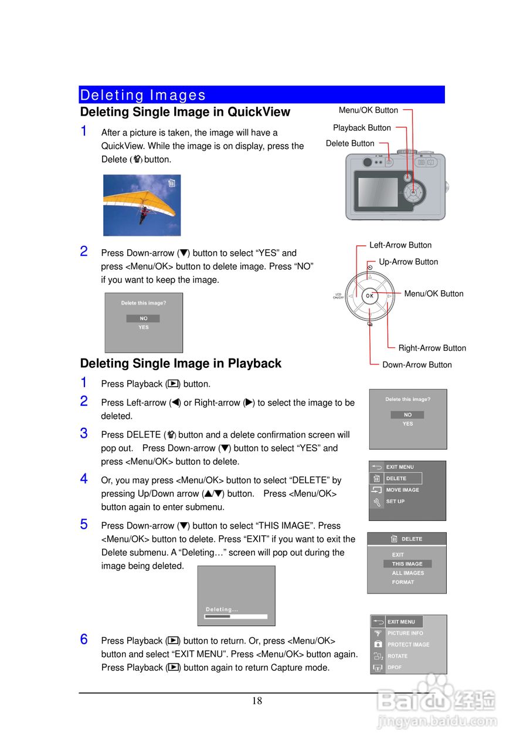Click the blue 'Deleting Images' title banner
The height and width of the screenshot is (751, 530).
pos(261,94)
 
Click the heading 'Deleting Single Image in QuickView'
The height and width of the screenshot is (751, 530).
pos(185,112)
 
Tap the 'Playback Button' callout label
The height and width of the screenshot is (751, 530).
pos(362,128)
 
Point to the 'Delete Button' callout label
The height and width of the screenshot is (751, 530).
pos(350,144)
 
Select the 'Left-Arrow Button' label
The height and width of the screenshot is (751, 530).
pos(400,245)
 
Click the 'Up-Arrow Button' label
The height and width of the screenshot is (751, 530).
pos(408,262)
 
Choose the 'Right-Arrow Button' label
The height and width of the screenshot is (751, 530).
pos(432,348)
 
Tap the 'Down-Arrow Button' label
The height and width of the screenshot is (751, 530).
pos(417,365)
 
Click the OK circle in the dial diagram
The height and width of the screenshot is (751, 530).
pos(369,296)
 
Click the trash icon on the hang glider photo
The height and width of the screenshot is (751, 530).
pos(171,182)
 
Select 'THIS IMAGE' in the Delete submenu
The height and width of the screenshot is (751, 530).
pos(407,564)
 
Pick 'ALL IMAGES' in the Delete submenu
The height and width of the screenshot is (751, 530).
pos(407,573)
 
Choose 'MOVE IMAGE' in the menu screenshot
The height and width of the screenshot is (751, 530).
pos(402,490)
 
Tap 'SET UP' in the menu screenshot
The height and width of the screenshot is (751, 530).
pos(395,502)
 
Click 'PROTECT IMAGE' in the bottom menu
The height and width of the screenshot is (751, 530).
pos(408,645)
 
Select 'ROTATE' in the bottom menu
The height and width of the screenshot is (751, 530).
pos(397,656)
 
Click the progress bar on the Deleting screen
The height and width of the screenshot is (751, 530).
pos(236,617)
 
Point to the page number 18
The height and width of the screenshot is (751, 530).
pos(257,701)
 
